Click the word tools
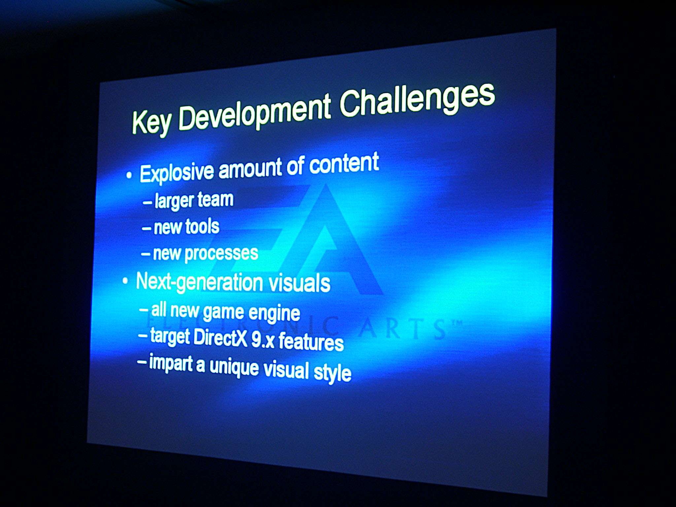pos(202,226)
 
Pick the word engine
pos(274,313)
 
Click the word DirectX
pos(220,337)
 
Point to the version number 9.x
pos(263,340)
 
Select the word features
pos(311,342)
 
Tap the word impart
pos(171,363)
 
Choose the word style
pos(332,372)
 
